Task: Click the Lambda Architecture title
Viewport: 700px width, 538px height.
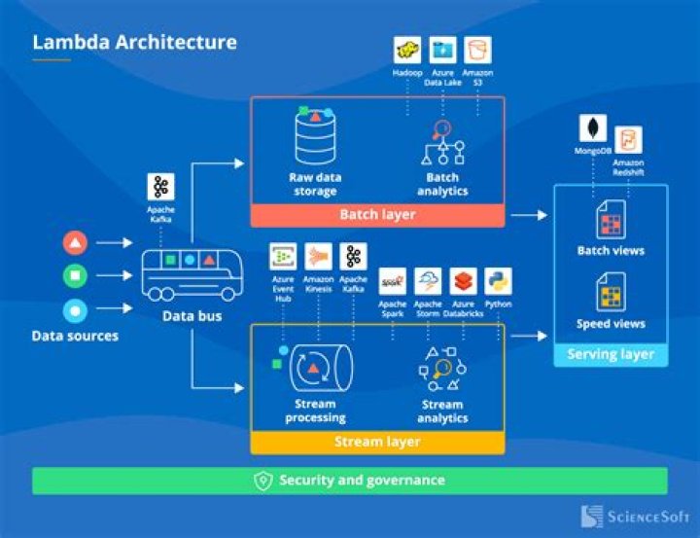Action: (134, 42)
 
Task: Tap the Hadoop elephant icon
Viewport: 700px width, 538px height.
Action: (406, 50)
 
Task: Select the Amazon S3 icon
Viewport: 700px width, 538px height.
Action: (477, 50)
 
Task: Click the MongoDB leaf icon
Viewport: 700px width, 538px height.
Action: (592, 127)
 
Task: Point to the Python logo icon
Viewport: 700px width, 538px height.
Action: (498, 281)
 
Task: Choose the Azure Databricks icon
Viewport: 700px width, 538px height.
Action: (463, 281)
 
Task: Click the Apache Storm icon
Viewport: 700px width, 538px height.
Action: (428, 281)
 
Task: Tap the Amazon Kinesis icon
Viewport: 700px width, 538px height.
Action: (318, 256)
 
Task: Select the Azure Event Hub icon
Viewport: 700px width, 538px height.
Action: (283, 256)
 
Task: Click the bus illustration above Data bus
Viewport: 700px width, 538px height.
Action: (191, 273)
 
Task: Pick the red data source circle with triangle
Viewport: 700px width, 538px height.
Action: (75, 242)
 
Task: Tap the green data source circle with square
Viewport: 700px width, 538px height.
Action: (75, 276)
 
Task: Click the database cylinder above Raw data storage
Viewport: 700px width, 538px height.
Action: (314, 137)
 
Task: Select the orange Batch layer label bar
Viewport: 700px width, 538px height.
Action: (378, 215)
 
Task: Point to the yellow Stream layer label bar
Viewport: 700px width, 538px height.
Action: (378, 443)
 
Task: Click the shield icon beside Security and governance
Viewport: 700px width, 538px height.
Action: (262, 481)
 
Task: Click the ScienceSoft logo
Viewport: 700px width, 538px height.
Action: (634, 517)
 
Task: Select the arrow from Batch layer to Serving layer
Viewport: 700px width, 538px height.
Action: (529, 215)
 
